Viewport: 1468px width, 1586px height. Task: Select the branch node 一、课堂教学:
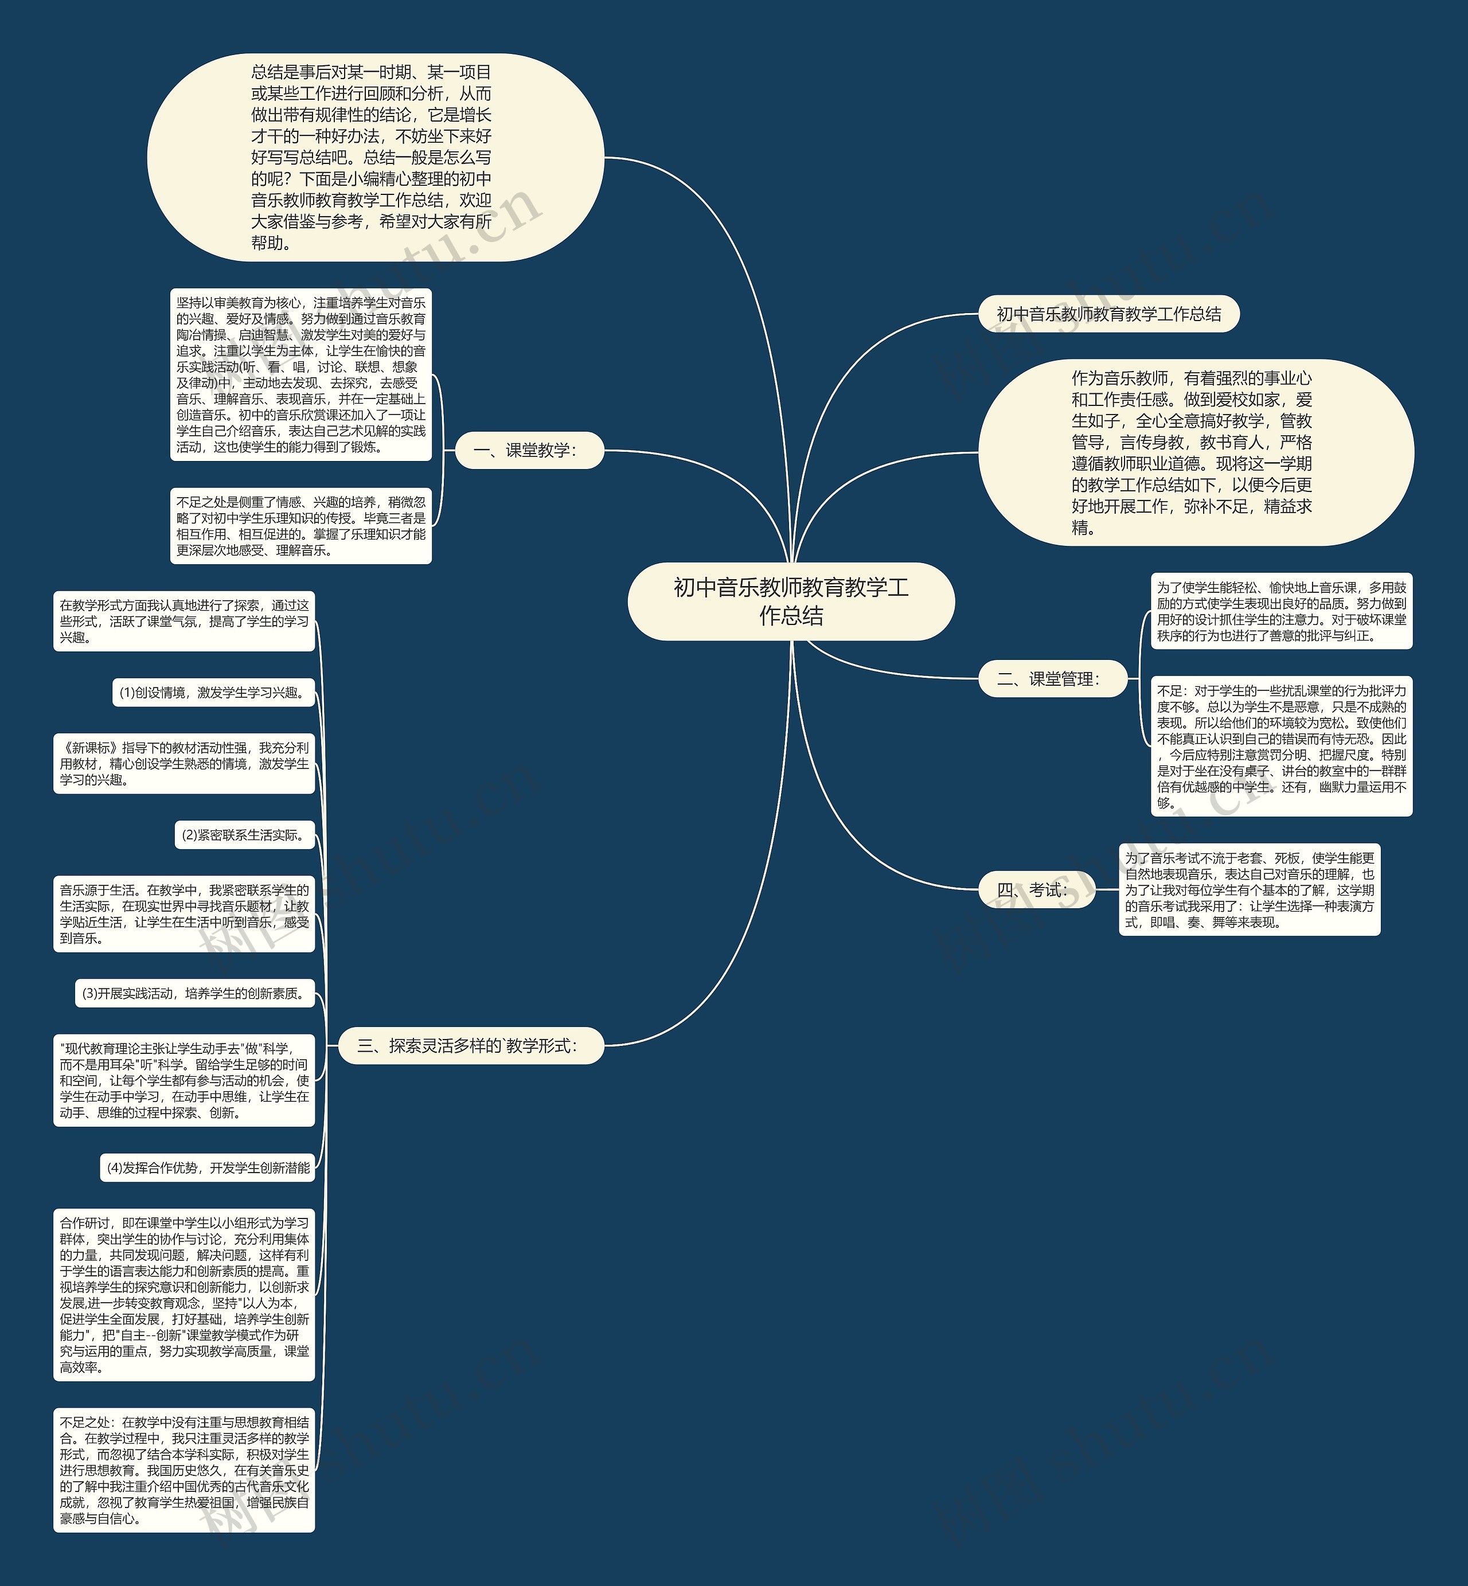point(529,450)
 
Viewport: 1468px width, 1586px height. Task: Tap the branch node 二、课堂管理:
point(1052,678)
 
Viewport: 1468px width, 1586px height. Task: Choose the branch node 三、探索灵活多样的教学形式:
point(471,1045)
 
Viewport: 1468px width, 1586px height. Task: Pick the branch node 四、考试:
point(1036,889)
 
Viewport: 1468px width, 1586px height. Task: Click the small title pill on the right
point(1108,314)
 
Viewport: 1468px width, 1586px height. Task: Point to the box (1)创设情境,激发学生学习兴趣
point(214,693)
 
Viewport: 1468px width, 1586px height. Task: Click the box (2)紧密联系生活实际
point(245,835)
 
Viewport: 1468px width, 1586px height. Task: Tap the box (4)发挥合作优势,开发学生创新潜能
point(208,1167)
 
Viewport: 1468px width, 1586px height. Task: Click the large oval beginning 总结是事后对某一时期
point(375,157)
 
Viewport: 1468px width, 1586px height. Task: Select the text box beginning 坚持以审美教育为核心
point(300,374)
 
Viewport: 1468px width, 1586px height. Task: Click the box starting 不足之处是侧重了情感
point(300,526)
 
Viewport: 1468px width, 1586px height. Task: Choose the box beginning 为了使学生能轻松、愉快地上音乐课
point(1280,611)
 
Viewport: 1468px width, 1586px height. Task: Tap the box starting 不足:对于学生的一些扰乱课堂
point(1280,746)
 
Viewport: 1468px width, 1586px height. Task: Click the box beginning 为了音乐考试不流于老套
point(1249,889)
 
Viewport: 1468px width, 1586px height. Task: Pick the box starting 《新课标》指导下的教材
point(183,763)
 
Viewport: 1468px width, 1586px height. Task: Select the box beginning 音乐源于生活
point(183,913)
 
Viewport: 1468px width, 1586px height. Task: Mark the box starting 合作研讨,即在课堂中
point(183,1295)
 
